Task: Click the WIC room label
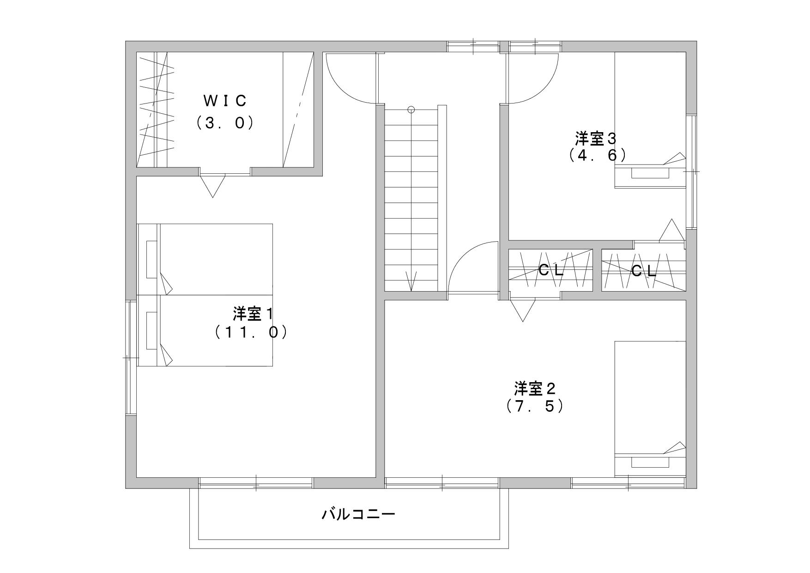tap(225, 100)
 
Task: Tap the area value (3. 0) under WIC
tap(225, 123)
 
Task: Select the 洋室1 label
tap(253, 314)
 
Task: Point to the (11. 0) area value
tap(251, 332)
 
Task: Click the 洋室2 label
tap(535, 388)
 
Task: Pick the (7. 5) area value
tap(535, 406)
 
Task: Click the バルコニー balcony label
tap(358, 514)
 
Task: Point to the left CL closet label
tap(551, 271)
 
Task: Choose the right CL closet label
tap(643, 271)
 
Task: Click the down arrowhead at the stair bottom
tap(411, 281)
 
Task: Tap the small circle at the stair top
tap(411, 110)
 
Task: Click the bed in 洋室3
tap(650, 120)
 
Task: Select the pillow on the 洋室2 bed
tap(650, 463)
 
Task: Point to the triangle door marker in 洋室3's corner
tap(671, 230)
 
